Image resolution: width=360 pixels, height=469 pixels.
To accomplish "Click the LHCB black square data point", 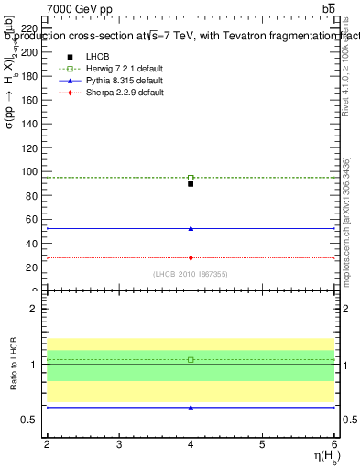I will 191,184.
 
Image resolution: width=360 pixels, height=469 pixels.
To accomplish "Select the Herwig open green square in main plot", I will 191,178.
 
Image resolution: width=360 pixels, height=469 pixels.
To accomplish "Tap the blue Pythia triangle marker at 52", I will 191,228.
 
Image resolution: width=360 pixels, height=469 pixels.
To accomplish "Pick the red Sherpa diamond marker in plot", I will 191,257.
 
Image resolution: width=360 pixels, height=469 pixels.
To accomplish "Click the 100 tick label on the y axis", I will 28,171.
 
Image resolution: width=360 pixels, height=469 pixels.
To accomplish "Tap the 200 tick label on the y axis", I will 28,52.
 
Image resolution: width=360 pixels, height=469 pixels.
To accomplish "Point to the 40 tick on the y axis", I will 31,243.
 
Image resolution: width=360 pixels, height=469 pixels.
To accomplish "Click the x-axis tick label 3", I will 119,444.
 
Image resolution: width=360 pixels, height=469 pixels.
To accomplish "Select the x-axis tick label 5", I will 262,444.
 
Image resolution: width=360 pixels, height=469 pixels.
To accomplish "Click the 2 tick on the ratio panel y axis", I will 33,309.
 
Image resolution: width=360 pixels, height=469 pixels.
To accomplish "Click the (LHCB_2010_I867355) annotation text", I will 191,274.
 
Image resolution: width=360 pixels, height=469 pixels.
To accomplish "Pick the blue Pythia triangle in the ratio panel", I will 191,407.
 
